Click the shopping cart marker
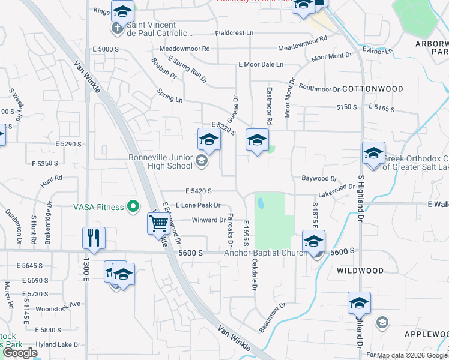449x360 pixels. point(158,224)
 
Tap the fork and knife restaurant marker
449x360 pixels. point(94,237)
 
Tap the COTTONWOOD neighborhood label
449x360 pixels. point(372,89)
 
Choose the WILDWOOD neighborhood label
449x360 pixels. point(360,271)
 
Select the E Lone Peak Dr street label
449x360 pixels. point(198,205)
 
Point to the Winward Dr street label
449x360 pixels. point(208,220)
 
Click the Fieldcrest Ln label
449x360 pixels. point(234,32)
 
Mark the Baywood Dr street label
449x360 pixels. point(319,179)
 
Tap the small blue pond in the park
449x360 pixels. point(261,204)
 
